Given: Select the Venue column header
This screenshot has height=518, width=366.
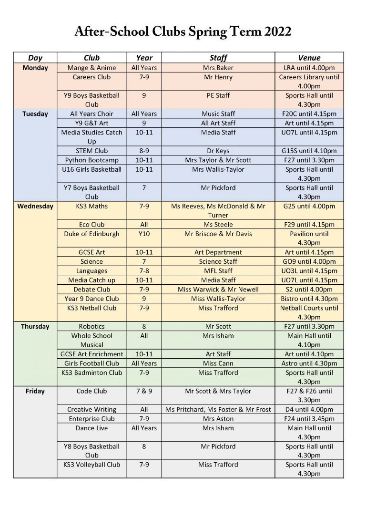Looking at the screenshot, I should coord(309,58).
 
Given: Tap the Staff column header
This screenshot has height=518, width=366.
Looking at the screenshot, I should coord(218,58).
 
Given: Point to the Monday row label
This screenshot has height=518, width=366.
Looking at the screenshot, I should coord(35,68).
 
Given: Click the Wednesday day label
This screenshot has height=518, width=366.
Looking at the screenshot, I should coord(35,207).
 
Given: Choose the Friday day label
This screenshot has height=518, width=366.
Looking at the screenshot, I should coord(35,391).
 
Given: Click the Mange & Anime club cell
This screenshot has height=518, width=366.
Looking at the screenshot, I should coord(91,68).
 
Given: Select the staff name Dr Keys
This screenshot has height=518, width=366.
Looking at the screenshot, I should coord(218,151).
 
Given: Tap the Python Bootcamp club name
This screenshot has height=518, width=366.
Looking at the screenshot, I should coord(91,160).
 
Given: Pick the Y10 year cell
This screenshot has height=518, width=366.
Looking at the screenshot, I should coord(144,234).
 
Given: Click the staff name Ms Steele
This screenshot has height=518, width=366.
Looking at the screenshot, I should coord(218,225).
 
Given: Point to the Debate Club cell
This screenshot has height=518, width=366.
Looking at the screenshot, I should coord(91,290).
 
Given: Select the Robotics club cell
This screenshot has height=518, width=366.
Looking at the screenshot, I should coord(91,326).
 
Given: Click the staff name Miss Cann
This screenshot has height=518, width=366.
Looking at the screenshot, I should coord(218,363).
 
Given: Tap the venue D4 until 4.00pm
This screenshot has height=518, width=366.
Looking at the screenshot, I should coord(309,410).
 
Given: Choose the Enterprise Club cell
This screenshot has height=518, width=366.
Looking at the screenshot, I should coord(91,419).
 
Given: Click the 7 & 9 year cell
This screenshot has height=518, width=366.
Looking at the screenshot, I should coord(144,391).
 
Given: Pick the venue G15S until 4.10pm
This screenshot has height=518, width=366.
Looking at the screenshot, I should coord(309,151).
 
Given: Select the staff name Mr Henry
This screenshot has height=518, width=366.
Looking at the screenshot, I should coord(218,77).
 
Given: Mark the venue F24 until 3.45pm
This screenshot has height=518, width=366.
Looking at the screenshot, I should coord(309,419).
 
